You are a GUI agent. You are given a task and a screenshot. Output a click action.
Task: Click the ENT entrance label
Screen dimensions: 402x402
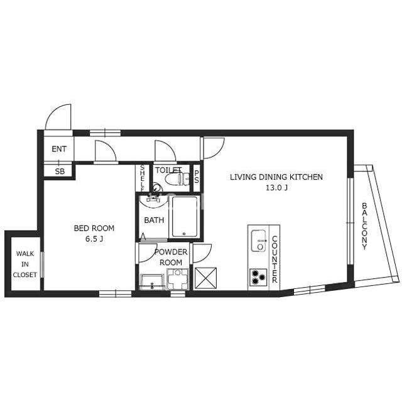pyautogui.click(x=59, y=149)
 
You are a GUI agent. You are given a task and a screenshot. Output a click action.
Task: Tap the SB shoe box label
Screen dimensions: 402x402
pyautogui.click(x=60, y=171)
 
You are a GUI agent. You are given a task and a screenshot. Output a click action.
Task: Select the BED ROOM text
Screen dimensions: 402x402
pyautogui.click(x=94, y=228)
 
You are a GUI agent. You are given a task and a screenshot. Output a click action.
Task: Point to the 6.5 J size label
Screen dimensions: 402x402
pyautogui.click(x=94, y=239)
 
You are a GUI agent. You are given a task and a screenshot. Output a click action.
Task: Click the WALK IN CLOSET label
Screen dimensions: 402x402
pyautogui.click(x=25, y=264)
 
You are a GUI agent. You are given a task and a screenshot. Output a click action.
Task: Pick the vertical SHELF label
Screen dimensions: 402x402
pyautogui.click(x=143, y=178)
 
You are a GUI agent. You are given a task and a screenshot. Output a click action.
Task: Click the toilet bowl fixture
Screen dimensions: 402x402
pyautogui.click(x=177, y=178)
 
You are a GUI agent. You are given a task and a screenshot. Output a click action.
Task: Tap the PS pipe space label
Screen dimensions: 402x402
pyautogui.click(x=197, y=177)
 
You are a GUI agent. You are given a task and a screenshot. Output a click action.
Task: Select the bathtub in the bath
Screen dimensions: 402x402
pyautogui.click(x=185, y=217)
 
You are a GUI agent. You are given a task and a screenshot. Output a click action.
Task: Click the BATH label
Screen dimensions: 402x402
pyautogui.click(x=154, y=220)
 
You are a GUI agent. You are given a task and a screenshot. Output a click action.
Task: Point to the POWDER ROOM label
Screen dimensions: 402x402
pyautogui.click(x=171, y=257)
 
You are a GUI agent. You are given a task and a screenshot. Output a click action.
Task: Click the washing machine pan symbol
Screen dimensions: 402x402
pyautogui.click(x=177, y=279)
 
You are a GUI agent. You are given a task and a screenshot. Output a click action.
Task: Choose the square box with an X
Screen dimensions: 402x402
pyautogui.click(x=205, y=278)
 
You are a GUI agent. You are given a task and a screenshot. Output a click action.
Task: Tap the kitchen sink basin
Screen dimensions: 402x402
pyautogui.click(x=258, y=241)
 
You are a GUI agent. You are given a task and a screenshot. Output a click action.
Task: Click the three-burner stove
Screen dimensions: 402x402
pyautogui.click(x=258, y=277)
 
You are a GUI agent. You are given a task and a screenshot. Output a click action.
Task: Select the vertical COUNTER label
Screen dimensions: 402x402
pyautogui.click(x=274, y=259)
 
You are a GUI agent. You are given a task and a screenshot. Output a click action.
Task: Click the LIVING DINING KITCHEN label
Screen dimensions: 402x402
pyautogui.click(x=276, y=177)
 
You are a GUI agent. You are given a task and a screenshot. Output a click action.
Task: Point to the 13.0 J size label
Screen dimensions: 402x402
pyautogui.click(x=276, y=188)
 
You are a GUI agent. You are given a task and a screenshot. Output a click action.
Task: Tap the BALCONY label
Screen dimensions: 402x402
pyautogui.click(x=364, y=226)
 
